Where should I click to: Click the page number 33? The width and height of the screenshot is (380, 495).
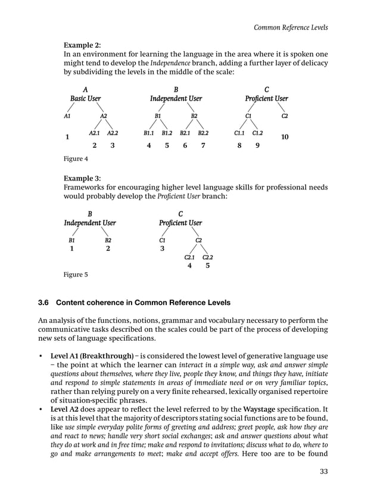(323, 474)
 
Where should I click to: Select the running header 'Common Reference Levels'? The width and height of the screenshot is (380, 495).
(291, 27)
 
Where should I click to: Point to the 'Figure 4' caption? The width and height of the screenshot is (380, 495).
(76, 158)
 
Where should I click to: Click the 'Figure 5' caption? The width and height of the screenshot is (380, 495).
(76, 275)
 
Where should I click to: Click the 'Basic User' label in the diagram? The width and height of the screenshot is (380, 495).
(86, 98)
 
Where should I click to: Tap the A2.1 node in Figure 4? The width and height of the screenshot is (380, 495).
(95, 133)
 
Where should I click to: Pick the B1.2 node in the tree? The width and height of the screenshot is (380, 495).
(167, 133)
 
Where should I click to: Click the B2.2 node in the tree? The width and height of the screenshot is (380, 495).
(203, 133)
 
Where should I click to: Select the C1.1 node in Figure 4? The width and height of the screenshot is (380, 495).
(239, 133)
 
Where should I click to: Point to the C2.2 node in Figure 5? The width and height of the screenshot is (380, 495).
(208, 257)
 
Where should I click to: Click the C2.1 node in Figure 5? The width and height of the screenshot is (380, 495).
(189, 257)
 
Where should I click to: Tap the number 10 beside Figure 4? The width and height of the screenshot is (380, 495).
(285, 137)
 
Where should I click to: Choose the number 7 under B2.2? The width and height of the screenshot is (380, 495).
(203, 145)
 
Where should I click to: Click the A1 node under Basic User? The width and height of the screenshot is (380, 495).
(67, 116)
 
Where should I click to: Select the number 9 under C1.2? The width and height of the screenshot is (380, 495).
(257, 145)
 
